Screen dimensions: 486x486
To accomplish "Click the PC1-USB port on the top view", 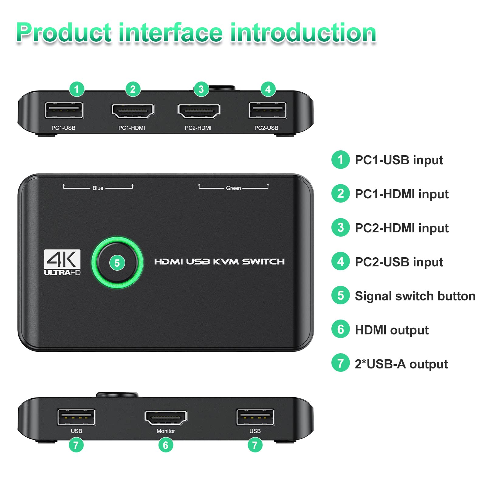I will (64, 110).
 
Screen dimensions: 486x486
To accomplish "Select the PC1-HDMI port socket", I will (133, 111).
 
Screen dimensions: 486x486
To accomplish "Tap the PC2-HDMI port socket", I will (199, 111).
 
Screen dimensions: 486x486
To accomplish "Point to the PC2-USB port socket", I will (267, 110).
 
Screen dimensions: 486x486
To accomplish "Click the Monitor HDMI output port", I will (166, 417).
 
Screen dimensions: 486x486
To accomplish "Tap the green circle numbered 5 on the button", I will (117, 263).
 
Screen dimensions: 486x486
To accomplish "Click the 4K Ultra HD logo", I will (62, 262).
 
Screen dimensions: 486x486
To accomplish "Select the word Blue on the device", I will (98, 188).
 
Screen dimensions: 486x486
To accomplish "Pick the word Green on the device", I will (233, 188).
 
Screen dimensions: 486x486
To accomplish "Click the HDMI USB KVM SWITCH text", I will (219, 262).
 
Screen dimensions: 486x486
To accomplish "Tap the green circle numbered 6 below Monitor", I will (166, 445).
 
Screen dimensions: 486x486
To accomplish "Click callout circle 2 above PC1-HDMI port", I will (133, 89).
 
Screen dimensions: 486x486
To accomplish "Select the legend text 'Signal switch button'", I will (415, 296).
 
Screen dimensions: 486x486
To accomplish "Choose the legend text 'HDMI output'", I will (392, 330).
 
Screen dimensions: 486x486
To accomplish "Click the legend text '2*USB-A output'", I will (401, 364).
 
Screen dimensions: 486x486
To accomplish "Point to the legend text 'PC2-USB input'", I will (399, 262).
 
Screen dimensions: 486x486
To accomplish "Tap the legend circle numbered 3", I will (341, 228).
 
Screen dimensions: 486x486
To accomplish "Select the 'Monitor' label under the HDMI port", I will (166, 431).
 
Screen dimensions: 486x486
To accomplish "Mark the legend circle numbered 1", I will (341, 159).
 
